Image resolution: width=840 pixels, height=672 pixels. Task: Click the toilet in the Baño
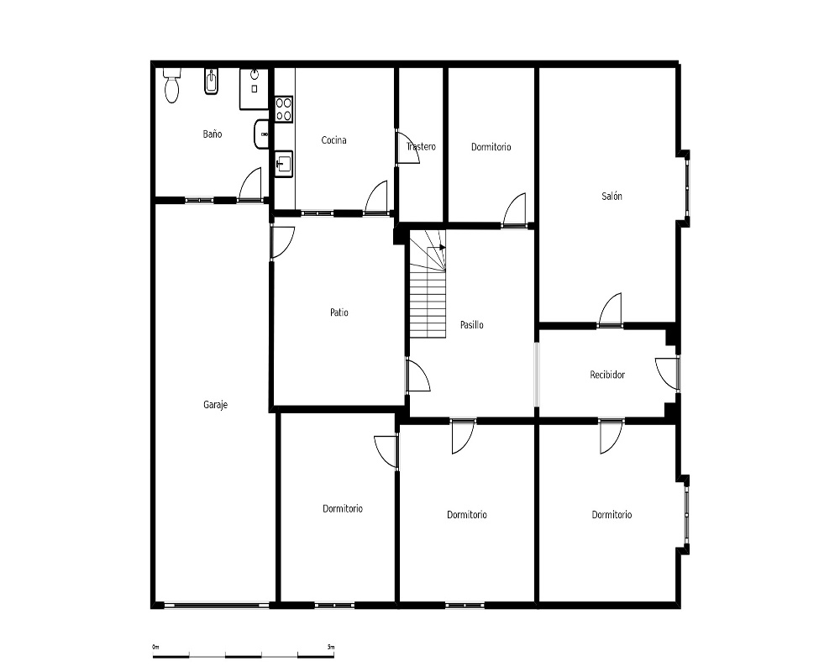pos(171,85)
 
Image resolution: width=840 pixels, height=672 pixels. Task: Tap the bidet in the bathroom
pos(212,81)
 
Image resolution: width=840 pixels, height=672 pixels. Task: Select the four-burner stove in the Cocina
pos(283,109)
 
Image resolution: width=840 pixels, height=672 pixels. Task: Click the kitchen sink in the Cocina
pos(283,164)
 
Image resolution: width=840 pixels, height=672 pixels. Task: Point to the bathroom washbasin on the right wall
pos(261,134)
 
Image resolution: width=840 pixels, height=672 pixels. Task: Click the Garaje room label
pos(215,405)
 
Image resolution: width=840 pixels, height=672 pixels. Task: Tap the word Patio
pos(339,312)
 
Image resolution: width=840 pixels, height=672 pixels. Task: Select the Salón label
pos(612,196)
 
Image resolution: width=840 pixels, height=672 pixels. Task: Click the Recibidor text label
pos(607,375)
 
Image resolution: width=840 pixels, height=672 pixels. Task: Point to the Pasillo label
pos(472,325)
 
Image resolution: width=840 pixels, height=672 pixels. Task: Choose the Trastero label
pos(421,146)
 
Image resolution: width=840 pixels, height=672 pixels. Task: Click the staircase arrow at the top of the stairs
pos(443,247)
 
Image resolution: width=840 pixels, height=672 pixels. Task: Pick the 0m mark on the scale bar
pos(156,647)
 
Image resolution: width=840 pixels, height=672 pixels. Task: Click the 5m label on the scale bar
pos(330,647)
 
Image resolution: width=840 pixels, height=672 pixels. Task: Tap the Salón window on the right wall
pos(688,188)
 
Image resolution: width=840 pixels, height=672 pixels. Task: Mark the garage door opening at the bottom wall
pos(217,606)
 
